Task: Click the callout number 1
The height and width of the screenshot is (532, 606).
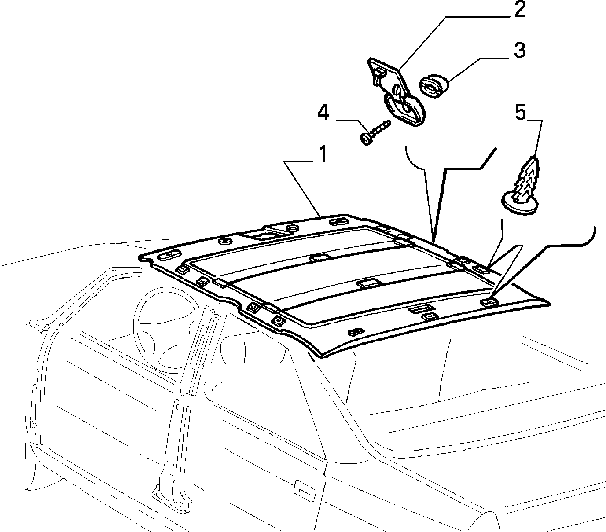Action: click(322, 154)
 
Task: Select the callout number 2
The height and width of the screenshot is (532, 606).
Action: click(520, 10)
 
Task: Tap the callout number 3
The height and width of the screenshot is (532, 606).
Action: click(520, 50)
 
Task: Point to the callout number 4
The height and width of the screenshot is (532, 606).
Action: click(323, 113)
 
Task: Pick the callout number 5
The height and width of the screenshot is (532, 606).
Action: click(520, 113)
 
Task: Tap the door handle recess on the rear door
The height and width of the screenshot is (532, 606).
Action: click(305, 491)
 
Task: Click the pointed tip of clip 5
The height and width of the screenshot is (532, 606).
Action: click(533, 157)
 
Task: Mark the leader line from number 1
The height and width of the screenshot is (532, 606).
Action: click(302, 189)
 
